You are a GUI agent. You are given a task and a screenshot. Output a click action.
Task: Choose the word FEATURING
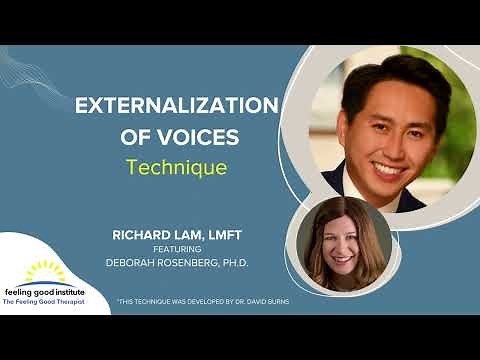pos(190,250)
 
